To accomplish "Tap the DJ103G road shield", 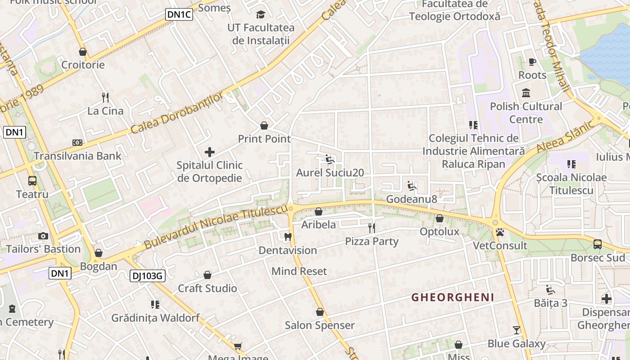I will click(x=147, y=276).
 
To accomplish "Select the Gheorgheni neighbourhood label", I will click(x=453, y=297).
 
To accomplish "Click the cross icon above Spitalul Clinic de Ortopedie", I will click(x=210, y=152).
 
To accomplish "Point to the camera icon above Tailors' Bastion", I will click(x=43, y=236).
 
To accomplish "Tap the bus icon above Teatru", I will click(x=32, y=181).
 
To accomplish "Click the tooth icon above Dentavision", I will click(x=288, y=237).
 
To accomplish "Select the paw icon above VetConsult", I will click(x=500, y=232).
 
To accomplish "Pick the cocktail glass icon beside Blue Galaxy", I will click(x=517, y=330).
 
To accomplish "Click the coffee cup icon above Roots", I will click(x=532, y=62).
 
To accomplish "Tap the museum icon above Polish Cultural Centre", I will click(x=526, y=93).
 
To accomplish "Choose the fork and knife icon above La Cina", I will click(x=105, y=97).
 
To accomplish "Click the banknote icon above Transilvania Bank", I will click(x=77, y=143).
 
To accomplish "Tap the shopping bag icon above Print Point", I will click(x=264, y=126).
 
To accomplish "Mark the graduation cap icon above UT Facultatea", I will click(x=261, y=15).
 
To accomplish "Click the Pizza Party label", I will click(x=372, y=242).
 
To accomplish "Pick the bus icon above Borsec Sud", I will click(x=598, y=244).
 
